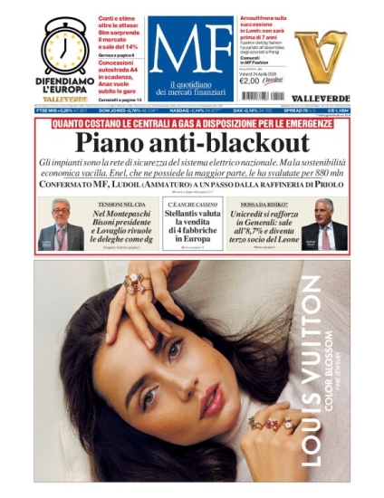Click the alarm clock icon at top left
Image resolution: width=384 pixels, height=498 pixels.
(65, 44)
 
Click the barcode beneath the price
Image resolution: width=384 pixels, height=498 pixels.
(262, 95)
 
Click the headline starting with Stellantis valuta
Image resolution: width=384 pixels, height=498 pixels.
(191, 229)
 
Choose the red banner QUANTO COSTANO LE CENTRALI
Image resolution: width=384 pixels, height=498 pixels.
(191, 122)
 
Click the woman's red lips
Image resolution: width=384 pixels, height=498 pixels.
(211, 399)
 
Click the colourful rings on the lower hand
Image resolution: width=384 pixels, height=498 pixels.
(269, 424)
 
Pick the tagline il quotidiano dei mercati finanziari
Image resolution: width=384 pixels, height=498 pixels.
(190, 89)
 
